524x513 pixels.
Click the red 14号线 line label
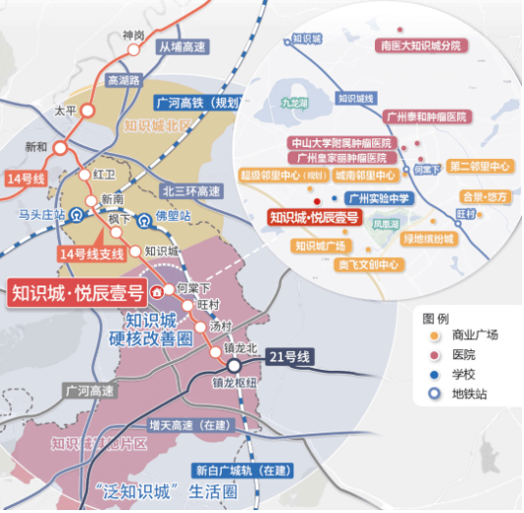click(26, 180)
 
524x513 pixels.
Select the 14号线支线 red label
click(91, 254)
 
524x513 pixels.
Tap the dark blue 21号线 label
click(289, 357)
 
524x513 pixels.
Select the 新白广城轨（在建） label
click(242, 469)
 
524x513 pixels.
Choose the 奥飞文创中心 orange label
click(368, 265)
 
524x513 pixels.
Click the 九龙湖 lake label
click(294, 101)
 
